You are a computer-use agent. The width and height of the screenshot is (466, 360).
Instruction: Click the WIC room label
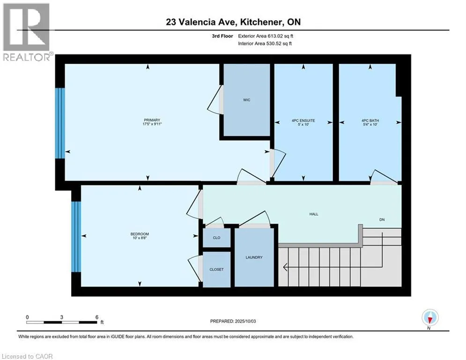(x=247, y=100)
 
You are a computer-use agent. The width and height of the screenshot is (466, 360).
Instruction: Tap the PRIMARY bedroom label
(x=152, y=120)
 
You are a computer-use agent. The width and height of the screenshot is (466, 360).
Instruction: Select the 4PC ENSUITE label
(x=303, y=120)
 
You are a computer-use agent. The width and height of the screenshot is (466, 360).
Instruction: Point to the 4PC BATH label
(x=370, y=120)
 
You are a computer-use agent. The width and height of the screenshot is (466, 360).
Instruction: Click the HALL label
(x=314, y=214)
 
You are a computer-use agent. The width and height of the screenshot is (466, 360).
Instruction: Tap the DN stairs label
(x=382, y=219)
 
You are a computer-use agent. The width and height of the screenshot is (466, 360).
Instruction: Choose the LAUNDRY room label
(x=254, y=257)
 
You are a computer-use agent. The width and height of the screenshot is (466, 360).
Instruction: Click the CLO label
(x=217, y=238)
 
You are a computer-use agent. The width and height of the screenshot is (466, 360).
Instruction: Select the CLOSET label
(x=216, y=269)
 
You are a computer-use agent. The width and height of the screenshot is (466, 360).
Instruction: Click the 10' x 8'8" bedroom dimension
(x=140, y=238)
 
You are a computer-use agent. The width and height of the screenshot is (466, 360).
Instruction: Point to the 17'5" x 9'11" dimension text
(x=152, y=124)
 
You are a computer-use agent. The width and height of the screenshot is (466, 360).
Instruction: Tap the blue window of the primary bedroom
(x=60, y=123)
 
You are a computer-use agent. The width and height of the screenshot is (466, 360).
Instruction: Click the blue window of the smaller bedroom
(x=76, y=237)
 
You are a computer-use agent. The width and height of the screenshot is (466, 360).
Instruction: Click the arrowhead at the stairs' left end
(x=285, y=267)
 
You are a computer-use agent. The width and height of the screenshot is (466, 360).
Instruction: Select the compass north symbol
(x=430, y=317)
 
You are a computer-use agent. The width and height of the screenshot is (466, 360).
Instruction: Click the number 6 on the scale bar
(x=97, y=317)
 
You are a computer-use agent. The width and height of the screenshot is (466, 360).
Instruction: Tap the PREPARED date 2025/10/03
(x=245, y=321)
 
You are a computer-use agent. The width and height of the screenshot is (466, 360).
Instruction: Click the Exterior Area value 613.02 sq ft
(x=281, y=36)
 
